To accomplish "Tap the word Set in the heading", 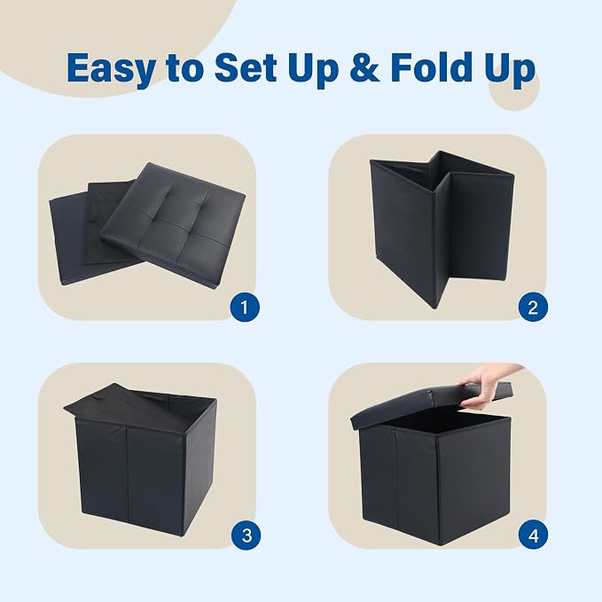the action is (246, 67).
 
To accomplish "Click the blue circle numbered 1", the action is (245, 308).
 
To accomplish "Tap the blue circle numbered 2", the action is (533, 308).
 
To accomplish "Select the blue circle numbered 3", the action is (246, 536).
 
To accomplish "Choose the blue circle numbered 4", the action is (533, 536).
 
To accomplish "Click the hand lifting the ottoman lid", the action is (487, 385).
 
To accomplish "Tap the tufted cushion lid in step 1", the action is (173, 224).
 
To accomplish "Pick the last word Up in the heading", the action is (510, 69).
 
